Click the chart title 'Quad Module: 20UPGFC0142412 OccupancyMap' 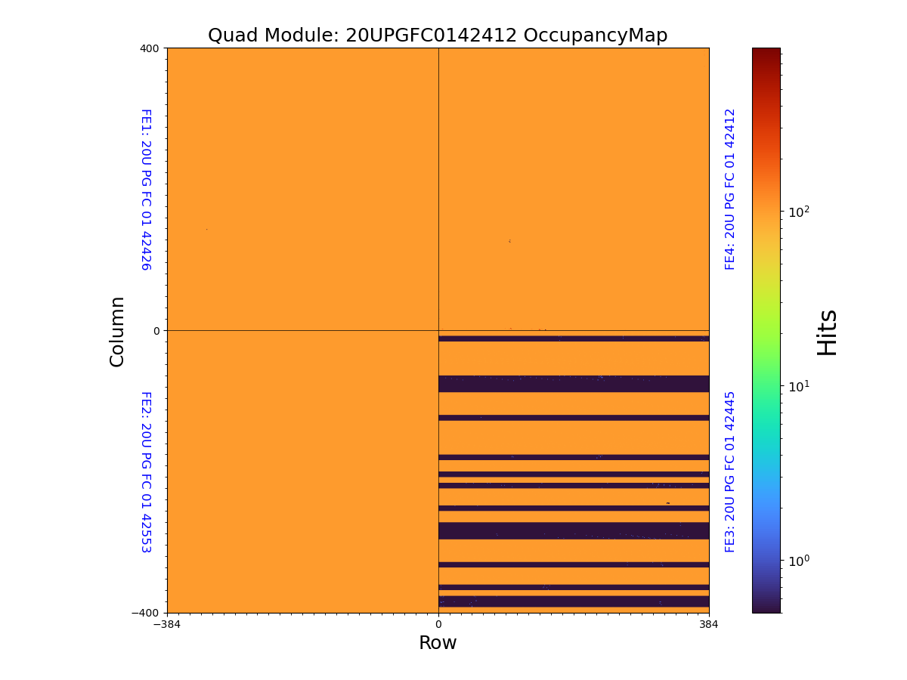[438, 36]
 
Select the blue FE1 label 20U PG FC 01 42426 [146, 190]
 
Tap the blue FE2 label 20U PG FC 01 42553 [146, 471]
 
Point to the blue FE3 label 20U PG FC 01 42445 [730, 471]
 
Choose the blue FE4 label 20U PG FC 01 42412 [730, 189]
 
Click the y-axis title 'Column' [117, 331]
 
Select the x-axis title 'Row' [438, 643]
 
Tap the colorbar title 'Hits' [828, 332]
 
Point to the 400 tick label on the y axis [150, 48]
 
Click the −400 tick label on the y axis [147, 613]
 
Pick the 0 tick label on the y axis [156, 331]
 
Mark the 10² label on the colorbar [799, 212]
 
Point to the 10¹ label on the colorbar [799, 386]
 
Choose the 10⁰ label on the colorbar [799, 561]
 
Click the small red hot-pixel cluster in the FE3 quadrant [667, 503]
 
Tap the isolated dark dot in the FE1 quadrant [206, 229]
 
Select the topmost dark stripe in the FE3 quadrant [574, 338]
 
